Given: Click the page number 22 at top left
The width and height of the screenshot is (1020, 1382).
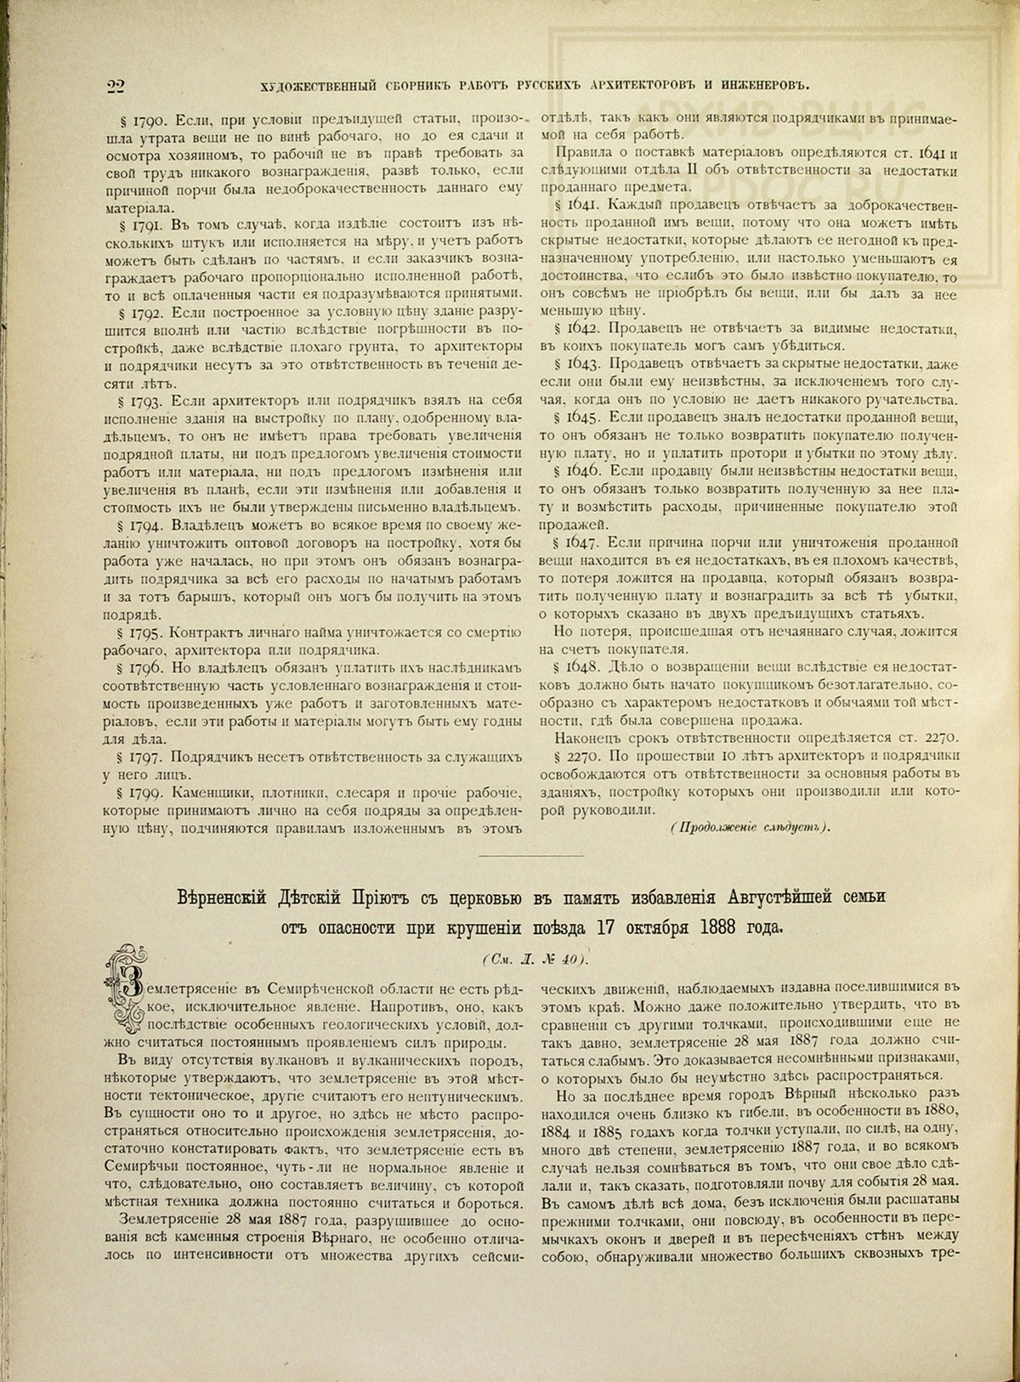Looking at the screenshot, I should point(116,84).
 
